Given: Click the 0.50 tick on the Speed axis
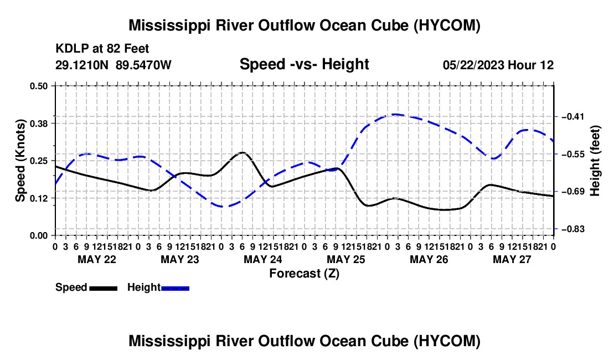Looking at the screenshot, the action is coord(38,86).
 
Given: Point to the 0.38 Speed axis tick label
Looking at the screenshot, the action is coord(38,124).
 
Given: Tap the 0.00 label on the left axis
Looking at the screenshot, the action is coord(38,236).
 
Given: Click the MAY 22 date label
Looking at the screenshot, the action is coord(97,259).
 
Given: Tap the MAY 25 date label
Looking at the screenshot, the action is coord(346,259).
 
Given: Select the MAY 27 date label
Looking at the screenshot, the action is coord(512,259).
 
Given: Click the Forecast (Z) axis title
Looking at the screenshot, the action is coord(304,274).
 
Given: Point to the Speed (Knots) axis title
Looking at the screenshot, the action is coord(20,161).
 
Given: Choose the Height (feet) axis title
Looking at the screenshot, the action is coord(595,161).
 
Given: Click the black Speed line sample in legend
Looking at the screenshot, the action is coord(104,289).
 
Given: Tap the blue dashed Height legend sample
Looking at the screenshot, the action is coord(175,289).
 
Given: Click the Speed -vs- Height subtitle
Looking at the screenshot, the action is coord(304,64).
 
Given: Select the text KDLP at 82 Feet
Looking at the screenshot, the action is coord(102,49).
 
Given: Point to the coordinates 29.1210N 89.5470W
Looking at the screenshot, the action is coord(113,65).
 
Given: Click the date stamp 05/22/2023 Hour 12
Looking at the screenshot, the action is coord(498,65).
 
